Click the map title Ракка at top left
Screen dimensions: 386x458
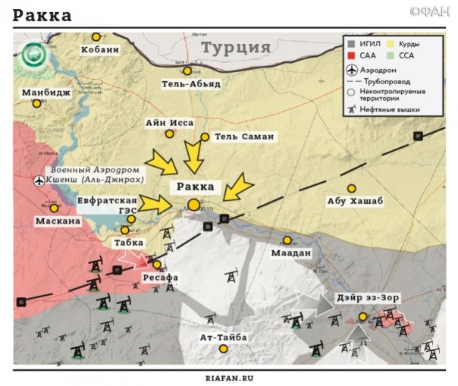coord(42,15)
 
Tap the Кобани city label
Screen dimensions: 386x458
coord(99,50)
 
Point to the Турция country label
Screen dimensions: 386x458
coord(236,47)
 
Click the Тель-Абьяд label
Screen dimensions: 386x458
coord(190,83)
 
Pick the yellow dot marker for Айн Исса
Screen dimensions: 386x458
coord(170,134)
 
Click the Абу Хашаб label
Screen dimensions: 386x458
coord(355,201)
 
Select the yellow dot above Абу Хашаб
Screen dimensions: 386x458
coord(351,188)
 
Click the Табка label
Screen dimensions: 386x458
coord(128,243)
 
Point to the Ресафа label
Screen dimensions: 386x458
coord(160,278)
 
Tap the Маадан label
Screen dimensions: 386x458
coord(291,253)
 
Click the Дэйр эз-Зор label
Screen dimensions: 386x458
coord(369,297)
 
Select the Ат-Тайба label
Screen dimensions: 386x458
coord(223,337)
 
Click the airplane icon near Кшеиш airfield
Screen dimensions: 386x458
coord(39,180)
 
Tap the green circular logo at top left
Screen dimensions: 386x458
coord(33,54)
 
